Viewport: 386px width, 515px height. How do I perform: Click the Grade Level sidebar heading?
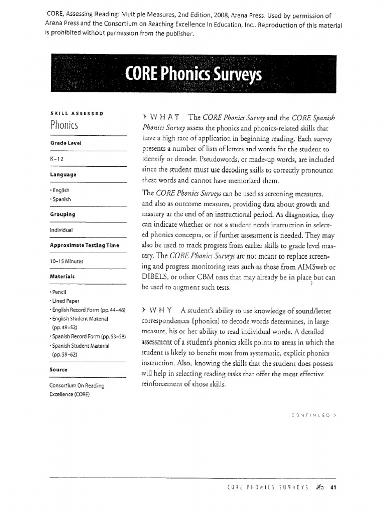tap(66, 143)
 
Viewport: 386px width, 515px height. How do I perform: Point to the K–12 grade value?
tap(56, 158)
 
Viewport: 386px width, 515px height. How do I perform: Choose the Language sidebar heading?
tap(63, 174)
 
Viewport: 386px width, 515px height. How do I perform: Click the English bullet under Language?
tap(60, 190)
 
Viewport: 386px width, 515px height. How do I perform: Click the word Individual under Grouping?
tap(62, 229)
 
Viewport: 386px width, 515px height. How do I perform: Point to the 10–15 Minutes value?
tap(67, 261)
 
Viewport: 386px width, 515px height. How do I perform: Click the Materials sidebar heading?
tap(62, 276)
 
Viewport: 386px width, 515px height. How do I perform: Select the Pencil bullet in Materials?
tap(59, 292)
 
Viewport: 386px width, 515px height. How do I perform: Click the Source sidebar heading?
tap(59, 369)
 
